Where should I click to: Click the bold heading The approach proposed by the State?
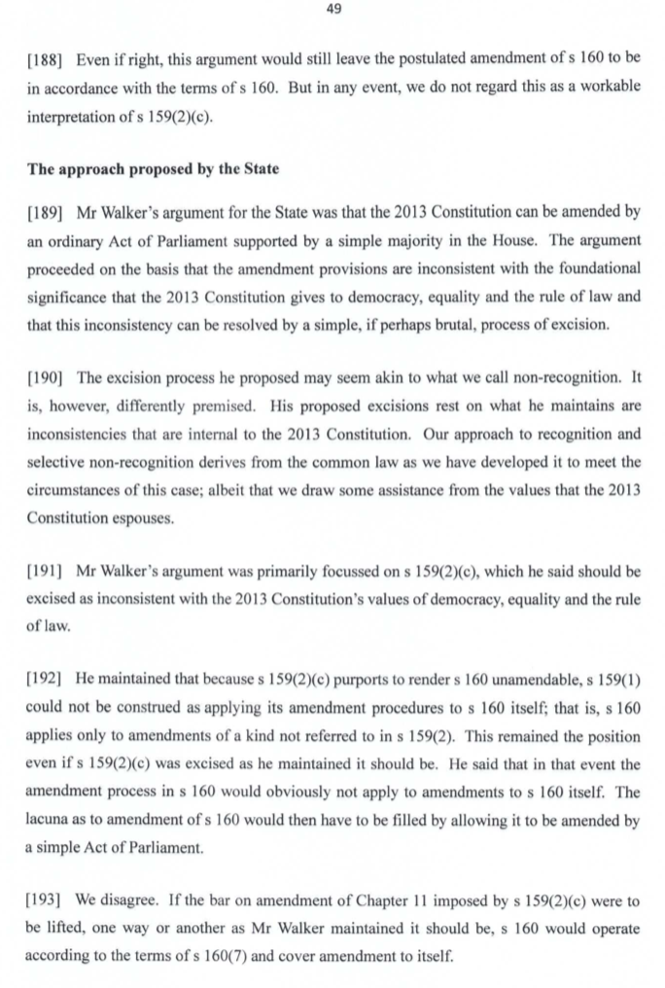coord(153,169)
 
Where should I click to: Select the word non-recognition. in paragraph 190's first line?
coord(568,376)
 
